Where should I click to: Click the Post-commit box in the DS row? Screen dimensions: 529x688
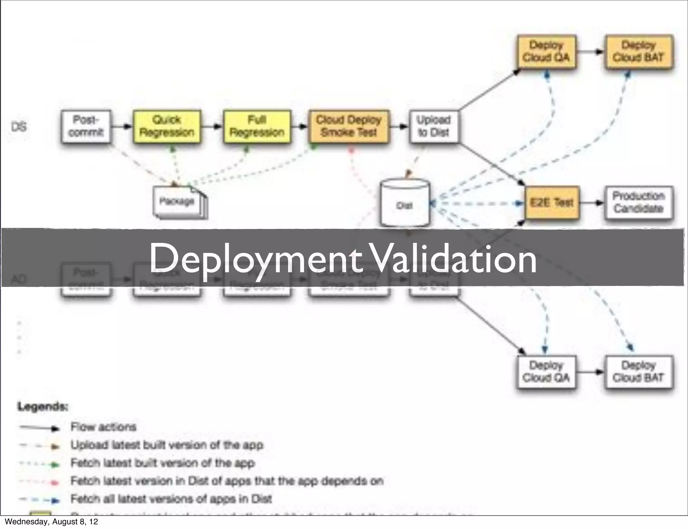(x=86, y=126)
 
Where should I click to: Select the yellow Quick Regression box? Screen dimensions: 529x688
(x=167, y=126)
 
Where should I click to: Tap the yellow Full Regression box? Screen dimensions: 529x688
(x=257, y=126)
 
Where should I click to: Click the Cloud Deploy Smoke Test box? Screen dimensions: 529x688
(x=349, y=126)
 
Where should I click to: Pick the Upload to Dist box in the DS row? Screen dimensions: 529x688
(x=434, y=126)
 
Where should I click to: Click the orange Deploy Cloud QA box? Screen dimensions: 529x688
(x=546, y=51)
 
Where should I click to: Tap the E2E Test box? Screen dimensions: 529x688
(x=552, y=202)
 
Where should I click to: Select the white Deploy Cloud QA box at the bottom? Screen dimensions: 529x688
(x=546, y=372)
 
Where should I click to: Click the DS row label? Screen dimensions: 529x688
(x=19, y=127)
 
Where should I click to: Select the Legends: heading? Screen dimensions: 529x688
(x=43, y=406)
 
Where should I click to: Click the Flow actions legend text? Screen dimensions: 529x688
(x=103, y=427)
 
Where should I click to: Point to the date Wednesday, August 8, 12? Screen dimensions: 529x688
(x=51, y=522)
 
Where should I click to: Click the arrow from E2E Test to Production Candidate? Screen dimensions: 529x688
(x=592, y=203)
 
